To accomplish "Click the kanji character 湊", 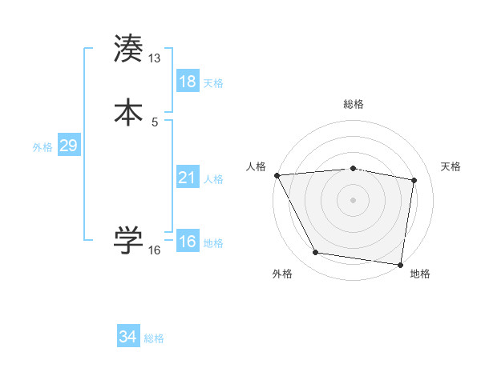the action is click(x=128, y=49).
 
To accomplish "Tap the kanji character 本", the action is click(x=128, y=112).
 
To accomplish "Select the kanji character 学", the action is click(x=128, y=240).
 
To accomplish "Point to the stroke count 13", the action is click(x=155, y=58).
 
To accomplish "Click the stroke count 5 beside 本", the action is click(x=155, y=122).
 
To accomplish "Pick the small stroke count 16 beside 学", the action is click(x=155, y=250).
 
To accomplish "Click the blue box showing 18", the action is click(x=188, y=82).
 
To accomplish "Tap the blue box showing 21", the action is click(x=188, y=178).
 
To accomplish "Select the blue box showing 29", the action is click(x=68, y=146).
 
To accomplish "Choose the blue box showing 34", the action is click(x=128, y=337).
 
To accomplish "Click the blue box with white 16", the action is click(x=188, y=242).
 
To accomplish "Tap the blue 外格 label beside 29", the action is click(x=42, y=147).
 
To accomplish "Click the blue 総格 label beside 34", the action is click(x=154, y=338).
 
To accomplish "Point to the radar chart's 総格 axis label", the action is click(x=354, y=104).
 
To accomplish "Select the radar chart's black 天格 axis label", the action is click(x=451, y=166).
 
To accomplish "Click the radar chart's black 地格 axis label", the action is click(x=420, y=274).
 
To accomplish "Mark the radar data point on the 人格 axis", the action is click(x=277, y=175).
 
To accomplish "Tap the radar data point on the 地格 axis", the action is click(x=401, y=264).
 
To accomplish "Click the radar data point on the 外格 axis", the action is click(x=315, y=254).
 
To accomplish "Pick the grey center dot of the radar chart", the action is click(x=354, y=199).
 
